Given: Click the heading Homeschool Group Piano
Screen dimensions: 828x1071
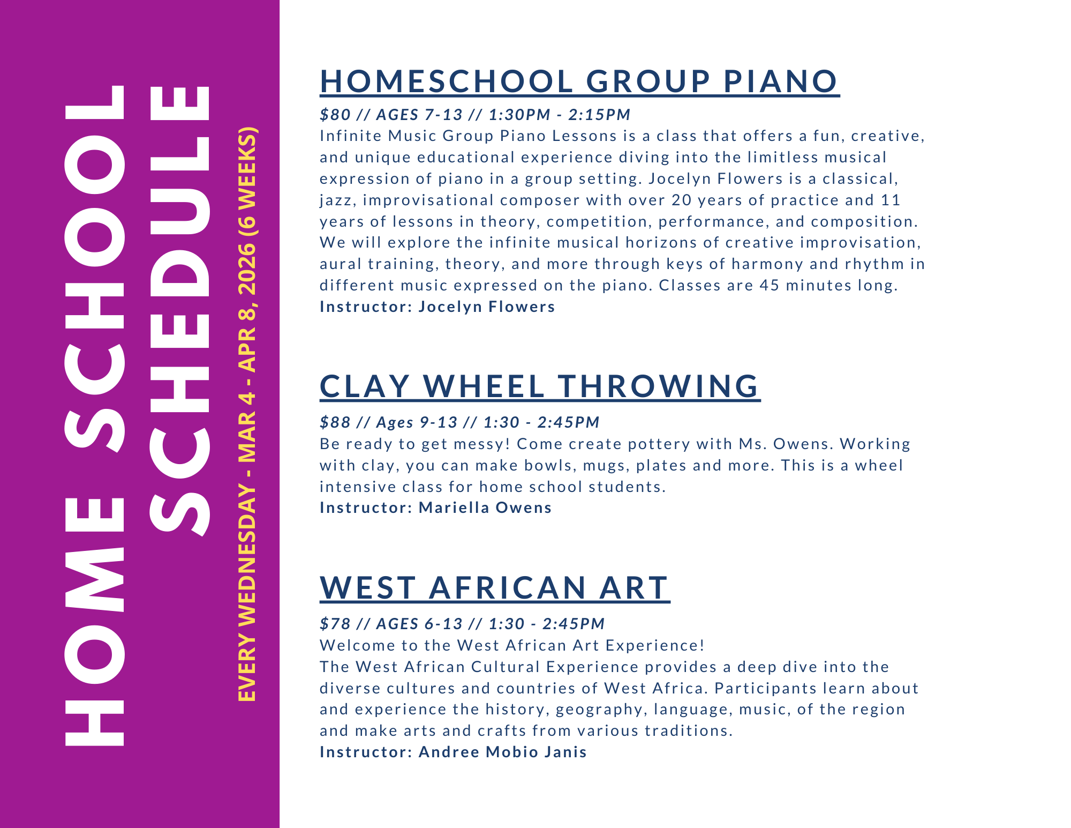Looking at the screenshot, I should coord(579,81).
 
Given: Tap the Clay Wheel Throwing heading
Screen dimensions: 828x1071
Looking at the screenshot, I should coord(539,386).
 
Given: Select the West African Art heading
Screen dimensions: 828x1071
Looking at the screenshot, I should coord(494,588).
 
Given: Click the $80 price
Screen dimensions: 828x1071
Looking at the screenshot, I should coord(335,115).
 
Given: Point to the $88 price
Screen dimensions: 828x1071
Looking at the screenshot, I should coord(335,422).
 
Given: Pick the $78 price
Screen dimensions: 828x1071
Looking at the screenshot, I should coord(335,624).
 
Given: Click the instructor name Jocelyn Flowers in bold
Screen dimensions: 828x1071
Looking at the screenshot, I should coord(487,307).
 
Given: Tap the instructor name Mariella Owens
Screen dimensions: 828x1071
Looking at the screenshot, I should coord(485,508).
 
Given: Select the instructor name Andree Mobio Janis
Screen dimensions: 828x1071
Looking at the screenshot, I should coord(503,752).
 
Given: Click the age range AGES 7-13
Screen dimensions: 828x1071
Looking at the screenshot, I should coord(419,115).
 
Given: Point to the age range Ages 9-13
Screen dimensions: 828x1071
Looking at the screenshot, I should coord(417,422).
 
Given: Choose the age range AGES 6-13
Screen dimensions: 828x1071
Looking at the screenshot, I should coord(419,624).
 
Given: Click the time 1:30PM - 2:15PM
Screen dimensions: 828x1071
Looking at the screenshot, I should coord(560,115).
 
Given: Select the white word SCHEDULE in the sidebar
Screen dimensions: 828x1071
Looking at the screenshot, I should coord(179,311).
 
